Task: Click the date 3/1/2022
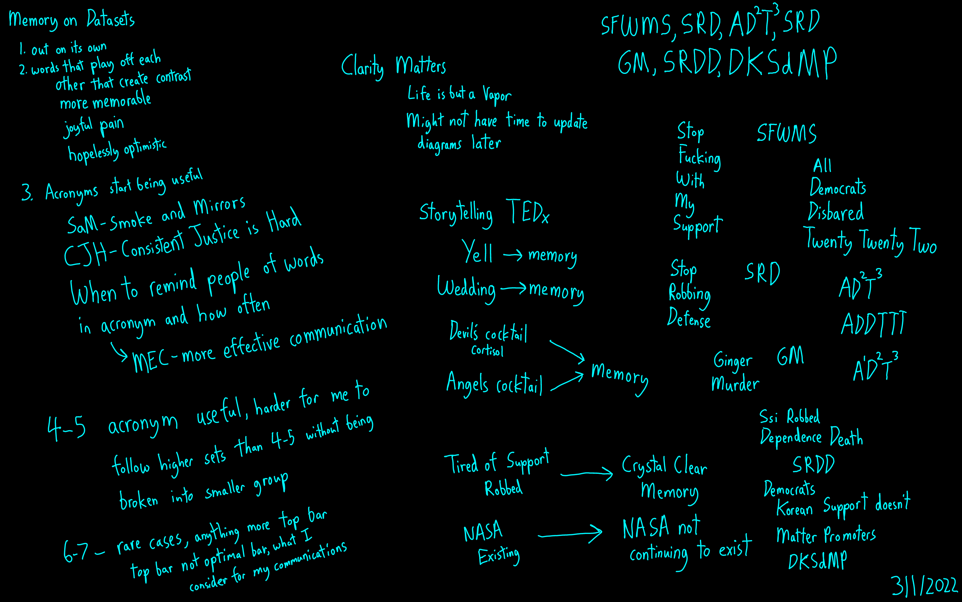[924, 585]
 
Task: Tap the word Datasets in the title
[111, 19]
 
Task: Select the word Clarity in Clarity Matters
[362, 67]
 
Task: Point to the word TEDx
[527, 212]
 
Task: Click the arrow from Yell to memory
[513, 255]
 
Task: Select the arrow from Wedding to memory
[513, 288]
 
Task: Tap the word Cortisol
[487, 351]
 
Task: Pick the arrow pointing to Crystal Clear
[587, 473]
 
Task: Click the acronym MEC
[150, 360]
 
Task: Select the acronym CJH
[85, 254]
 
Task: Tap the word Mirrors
[219, 205]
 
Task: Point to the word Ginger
[733, 361]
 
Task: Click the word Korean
[794, 509]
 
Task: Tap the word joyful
[78, 127]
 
